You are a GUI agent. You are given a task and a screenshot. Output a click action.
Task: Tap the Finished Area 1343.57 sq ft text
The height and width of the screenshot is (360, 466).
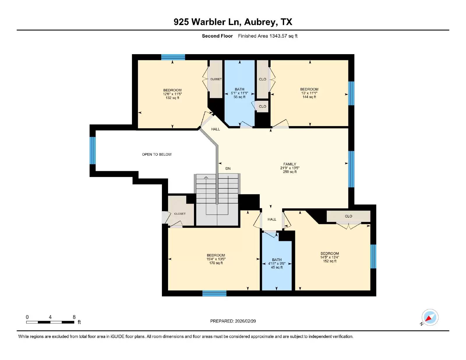pyautogui.click(x=267, y=36)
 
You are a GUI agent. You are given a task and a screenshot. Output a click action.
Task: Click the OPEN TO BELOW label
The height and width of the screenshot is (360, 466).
pyautogui.click(x=157, y=154)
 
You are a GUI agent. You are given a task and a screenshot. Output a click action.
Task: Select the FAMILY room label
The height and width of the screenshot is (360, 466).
pyautogui.click(x=290, y=164)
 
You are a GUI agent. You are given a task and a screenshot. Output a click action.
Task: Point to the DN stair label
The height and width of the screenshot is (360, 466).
pyautogui.click(x=228, y=168)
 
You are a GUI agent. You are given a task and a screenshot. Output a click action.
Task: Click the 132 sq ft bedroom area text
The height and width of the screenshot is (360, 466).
pyautogui.click(x=172, y=98)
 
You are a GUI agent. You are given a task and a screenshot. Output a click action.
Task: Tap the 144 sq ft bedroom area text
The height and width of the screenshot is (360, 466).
pyautogui.click(x=309, y=97)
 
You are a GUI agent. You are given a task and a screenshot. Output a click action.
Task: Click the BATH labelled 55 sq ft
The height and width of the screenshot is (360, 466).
pyautogui.click(x=239, y=93)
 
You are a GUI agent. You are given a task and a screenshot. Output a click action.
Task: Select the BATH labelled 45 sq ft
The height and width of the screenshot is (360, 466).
pyautogui.click(x=277, y=263)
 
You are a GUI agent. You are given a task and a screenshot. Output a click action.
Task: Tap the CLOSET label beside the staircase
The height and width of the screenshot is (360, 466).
pyautogui.click(x=180, y=214)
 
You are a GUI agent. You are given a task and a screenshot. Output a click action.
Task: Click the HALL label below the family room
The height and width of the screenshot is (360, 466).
pyautogui.click(x=272, y=219)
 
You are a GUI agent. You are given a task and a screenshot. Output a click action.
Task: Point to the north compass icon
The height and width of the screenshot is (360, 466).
pyautogui.click(x=430, y=317)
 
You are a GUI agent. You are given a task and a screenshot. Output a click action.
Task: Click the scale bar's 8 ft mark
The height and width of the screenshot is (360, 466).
pyautogui.click(x=74, y=317)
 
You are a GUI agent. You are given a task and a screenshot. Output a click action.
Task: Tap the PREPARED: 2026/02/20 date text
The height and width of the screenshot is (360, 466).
pyautogui.click(x=233, y=321)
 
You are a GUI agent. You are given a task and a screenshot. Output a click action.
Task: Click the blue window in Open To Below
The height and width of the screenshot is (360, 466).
pyautogui.click(x=93, y=151)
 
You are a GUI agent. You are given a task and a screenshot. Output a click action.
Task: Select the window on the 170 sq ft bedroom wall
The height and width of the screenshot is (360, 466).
pyautogui.click(x=214, y=293)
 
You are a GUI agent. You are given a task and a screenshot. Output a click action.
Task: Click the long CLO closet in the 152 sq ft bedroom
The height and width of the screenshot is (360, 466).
pyautogui.click(x=348, y=216)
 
